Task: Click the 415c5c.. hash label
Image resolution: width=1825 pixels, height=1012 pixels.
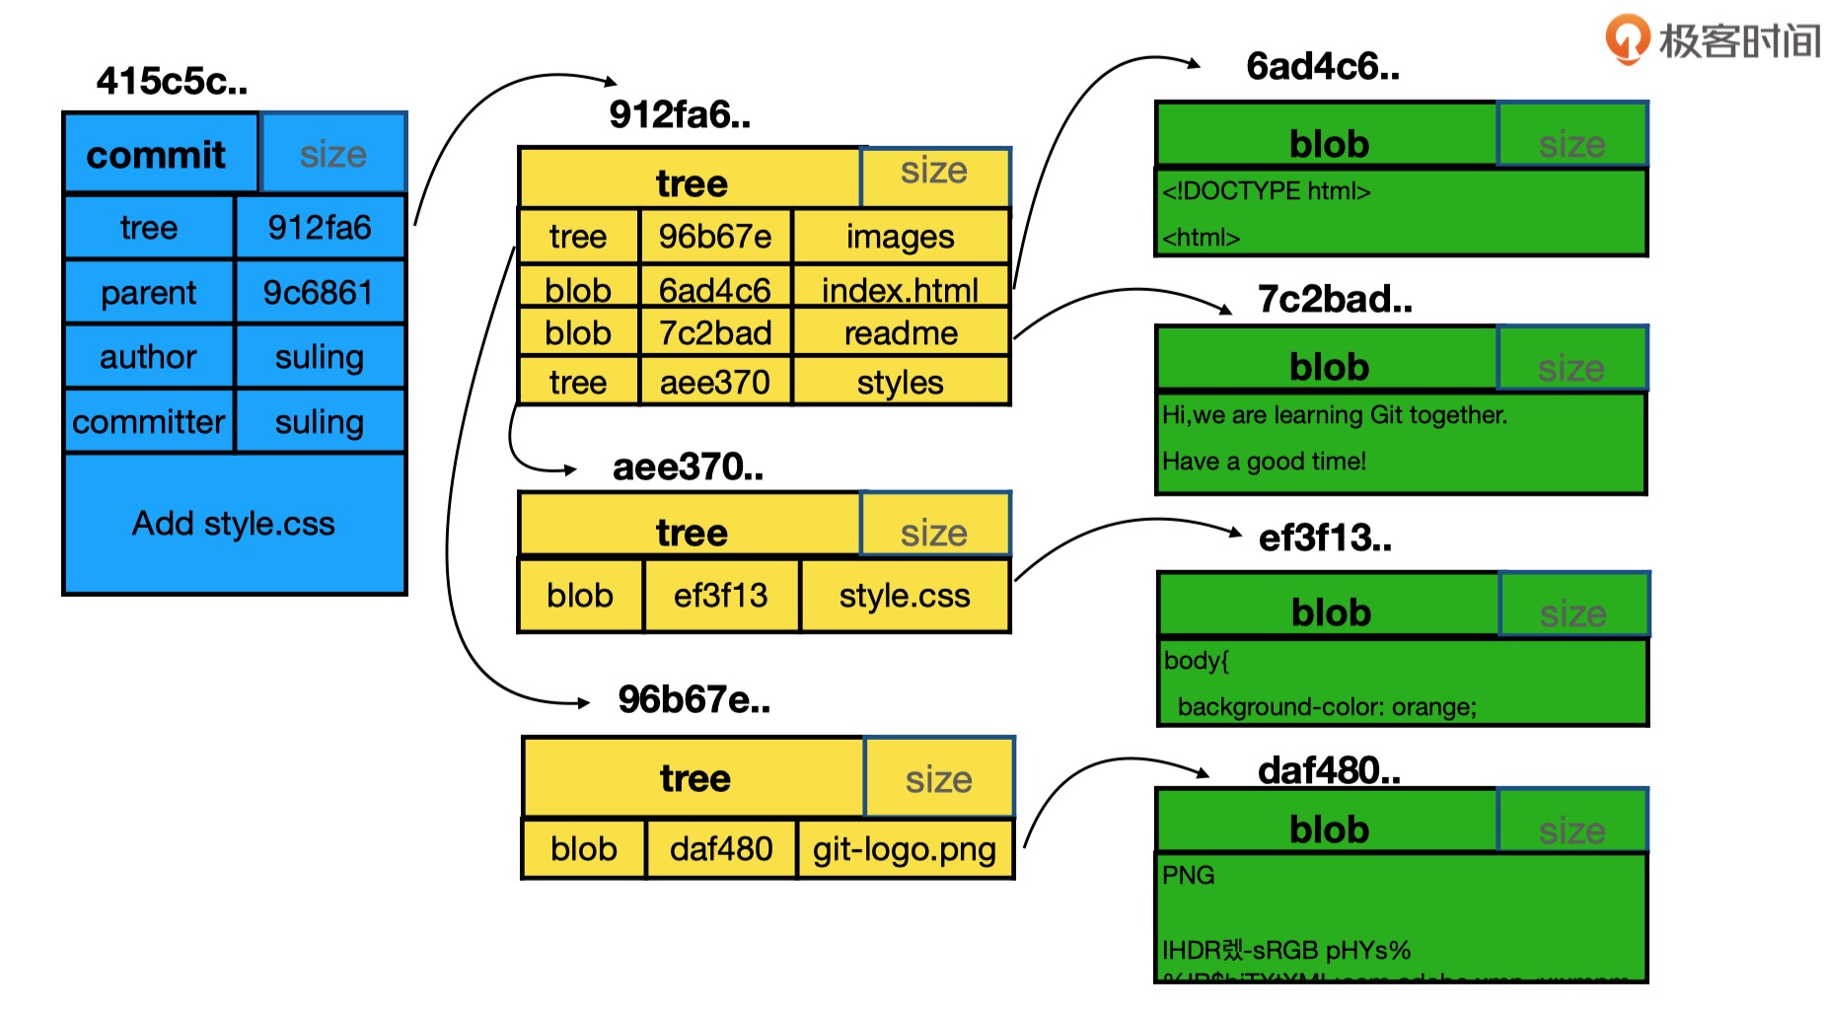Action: point(172,81)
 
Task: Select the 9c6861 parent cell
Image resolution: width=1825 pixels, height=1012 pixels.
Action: point(319,293)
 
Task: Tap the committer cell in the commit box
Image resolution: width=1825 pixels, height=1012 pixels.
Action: point(149,422)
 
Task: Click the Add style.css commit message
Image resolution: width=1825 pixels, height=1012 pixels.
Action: point(234,523)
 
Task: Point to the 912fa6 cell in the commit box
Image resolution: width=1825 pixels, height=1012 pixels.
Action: point(319,228)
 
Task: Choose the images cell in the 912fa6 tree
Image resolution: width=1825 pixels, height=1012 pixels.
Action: point(900,237)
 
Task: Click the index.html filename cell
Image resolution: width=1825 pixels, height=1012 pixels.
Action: point(900,290)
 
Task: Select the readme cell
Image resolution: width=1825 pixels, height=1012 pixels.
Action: point(900,333)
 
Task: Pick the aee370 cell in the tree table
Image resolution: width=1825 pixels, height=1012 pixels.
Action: point(714,382)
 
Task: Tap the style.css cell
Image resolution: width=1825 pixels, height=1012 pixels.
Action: point(904,596)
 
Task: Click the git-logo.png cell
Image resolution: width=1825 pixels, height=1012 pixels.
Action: point(904,849)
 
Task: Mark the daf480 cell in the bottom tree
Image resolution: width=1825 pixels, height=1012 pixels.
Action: point(720,849)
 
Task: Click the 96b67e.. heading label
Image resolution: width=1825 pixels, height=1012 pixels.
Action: point(693,699)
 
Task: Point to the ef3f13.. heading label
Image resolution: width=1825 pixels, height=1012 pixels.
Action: point(1325,539)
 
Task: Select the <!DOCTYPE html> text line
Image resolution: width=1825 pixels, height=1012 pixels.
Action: point(1267,191)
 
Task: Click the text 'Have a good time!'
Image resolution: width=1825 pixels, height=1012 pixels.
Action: point(1264,462)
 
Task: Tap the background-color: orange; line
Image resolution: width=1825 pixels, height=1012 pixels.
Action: point(1327,707)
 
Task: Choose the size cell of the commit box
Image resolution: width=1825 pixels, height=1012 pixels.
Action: point(332,154)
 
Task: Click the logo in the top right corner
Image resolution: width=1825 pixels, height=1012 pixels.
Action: point(1713,39)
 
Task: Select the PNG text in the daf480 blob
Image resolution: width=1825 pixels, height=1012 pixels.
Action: point(1188,875)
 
